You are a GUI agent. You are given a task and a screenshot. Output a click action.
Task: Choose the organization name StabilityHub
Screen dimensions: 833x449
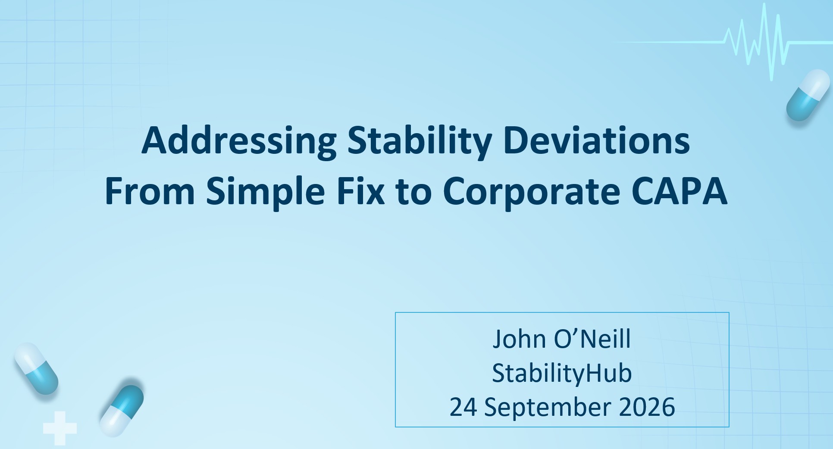pyautogui.click(x=562, y=373)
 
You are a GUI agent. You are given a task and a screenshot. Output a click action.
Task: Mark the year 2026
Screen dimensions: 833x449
pyautogui.click(x=647, y=407)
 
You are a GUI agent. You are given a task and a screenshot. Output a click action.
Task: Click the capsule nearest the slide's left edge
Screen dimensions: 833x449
pyautogui.click(x=36, y=368)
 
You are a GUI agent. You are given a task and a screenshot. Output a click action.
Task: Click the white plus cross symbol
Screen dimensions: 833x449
pyautogui.click(x=60, y=428)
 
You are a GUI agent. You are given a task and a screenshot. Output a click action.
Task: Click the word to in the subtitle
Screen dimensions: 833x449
pyautogui.click(x=413, y=192)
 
